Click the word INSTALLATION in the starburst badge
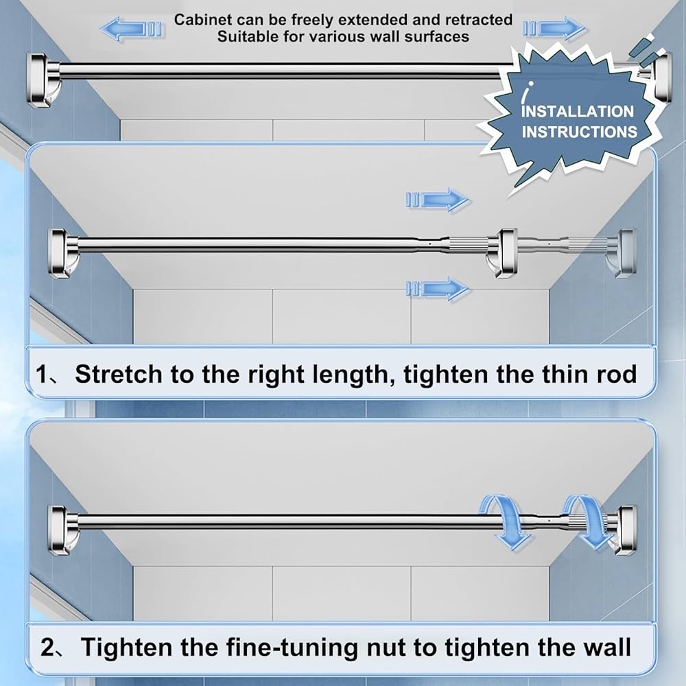[578, 111]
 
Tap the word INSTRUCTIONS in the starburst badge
[580, 131]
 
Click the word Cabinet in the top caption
[200, 20]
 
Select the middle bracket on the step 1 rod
[508, 251]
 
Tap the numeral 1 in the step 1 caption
[43, 375]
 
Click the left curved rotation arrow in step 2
[506, 520]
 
